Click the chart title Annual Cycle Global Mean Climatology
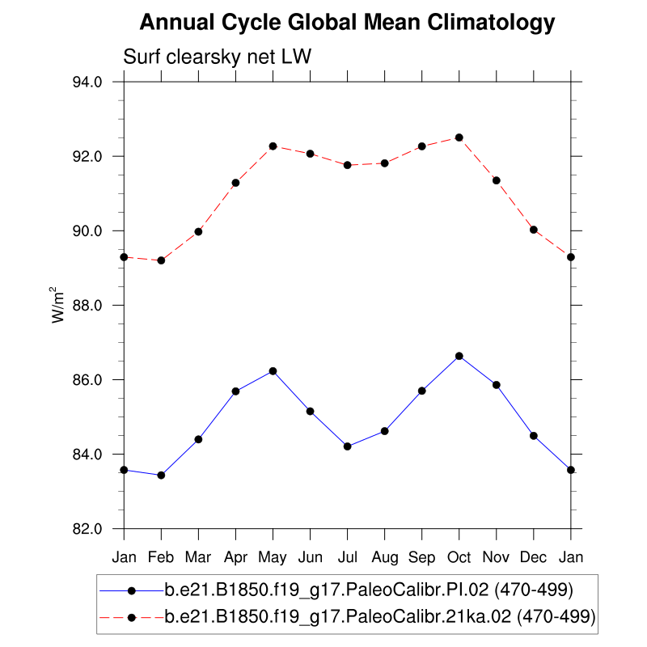point(347,23)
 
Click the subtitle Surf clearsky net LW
point(217,57)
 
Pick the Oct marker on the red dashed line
point(459,137)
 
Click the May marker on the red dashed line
point(273,146)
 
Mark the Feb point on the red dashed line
point(161,260)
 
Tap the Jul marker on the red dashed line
point(348,165)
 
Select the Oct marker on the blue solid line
point(459,356)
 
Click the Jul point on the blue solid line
point(348,446)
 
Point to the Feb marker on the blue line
point(161,476)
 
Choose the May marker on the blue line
point(273,371)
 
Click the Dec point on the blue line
point(534,436)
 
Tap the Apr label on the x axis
point(235,557)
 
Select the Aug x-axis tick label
point(385,557)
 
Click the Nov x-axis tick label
point(497,557)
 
